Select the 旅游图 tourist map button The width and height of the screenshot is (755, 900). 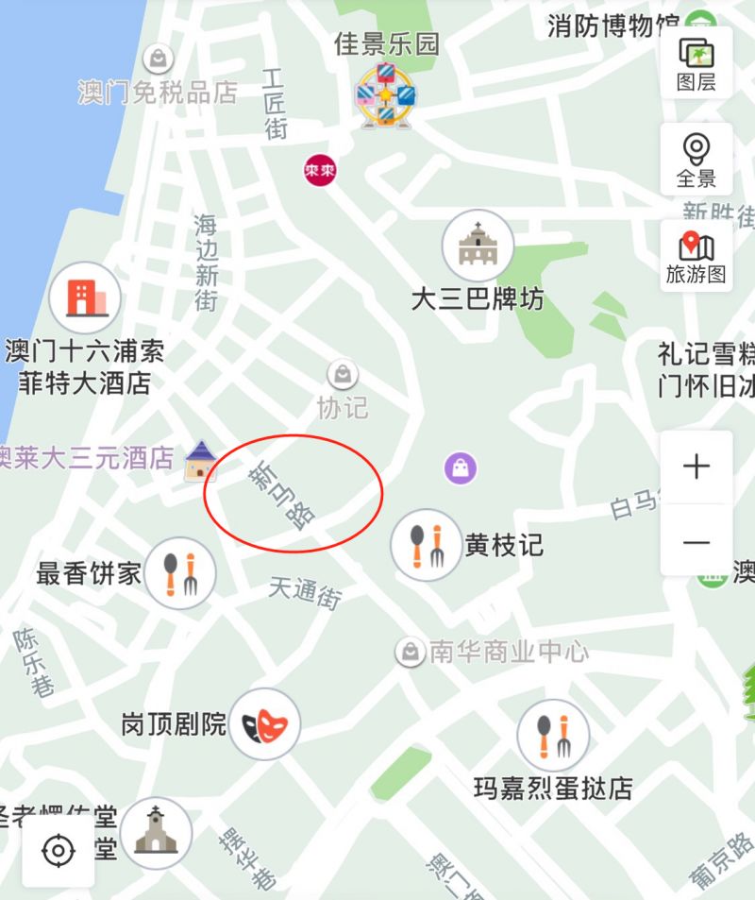(696, 256)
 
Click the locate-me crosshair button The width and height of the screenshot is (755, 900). (59, 851)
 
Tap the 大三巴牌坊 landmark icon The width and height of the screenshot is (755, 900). (478, 246)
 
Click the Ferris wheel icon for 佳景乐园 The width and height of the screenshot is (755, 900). (385, 94)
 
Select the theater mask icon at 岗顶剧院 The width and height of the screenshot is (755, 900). (265, 724)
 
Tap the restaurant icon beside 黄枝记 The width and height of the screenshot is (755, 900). (426, 546)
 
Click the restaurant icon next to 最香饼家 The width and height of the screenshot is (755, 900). (180, 572)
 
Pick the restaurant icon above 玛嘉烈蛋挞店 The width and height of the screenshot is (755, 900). (553, 736)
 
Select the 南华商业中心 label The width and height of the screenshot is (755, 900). (508, 651)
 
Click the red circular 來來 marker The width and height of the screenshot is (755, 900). (320, 171)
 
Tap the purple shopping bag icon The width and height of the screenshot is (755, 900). (461, 467)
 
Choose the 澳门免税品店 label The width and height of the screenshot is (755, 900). (158, 93)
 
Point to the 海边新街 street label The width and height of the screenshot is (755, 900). (207, 262)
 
